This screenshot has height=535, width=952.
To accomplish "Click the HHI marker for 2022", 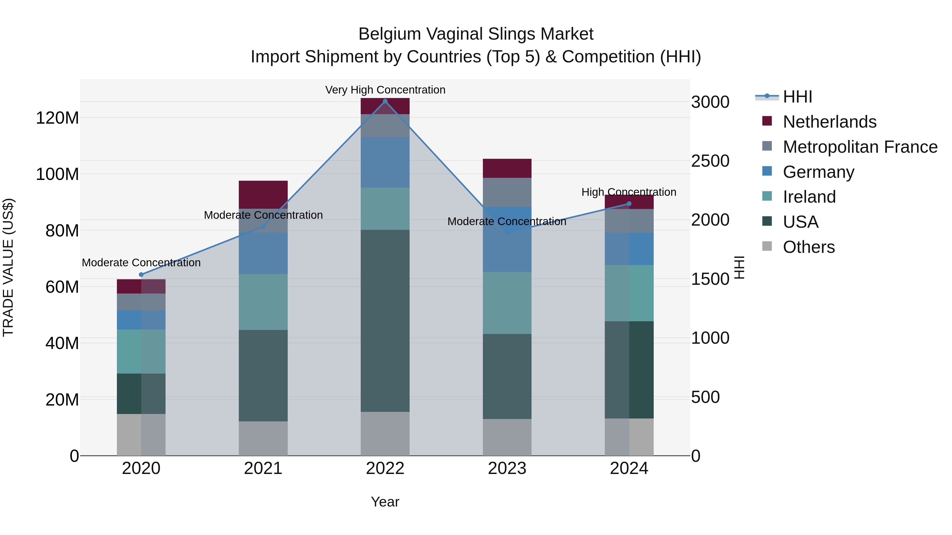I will coord(385,101).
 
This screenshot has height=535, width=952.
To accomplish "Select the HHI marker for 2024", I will coord(629,204).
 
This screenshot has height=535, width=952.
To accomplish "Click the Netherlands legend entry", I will coord(829,122).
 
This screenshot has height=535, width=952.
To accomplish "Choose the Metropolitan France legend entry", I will coord(860,147).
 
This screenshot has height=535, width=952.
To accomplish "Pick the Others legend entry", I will coord(809,247).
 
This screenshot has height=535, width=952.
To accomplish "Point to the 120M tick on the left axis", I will coord(57,118).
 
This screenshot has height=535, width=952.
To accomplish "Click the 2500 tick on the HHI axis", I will coord(710,161).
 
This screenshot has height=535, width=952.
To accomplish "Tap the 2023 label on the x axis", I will coord(507,468).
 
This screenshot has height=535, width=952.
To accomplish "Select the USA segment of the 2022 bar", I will coord(385,320).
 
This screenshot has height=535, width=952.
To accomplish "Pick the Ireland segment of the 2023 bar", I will coord(507,303).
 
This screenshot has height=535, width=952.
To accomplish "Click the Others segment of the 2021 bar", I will coord(263,438).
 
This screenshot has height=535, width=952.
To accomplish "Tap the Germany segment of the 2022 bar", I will coord(385,162).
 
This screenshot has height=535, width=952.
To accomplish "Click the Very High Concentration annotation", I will coord(385,90).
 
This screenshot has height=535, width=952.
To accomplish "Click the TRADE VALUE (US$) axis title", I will coord(8,267).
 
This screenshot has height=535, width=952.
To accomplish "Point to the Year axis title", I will coord(385,502).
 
